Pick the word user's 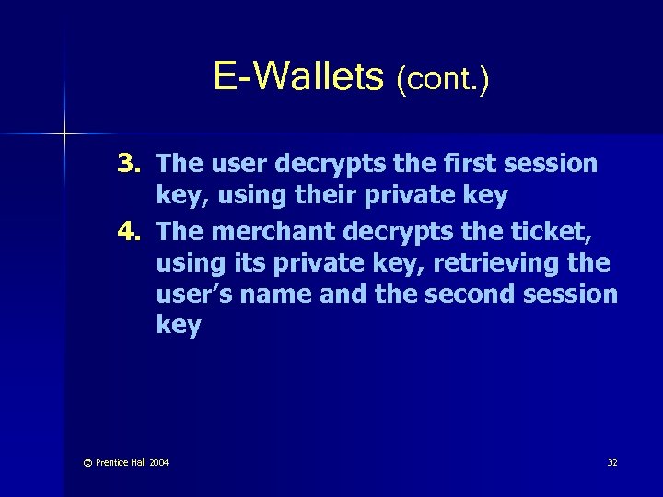194,295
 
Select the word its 240,263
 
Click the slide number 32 612,462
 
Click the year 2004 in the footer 157,462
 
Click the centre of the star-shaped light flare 64,134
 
